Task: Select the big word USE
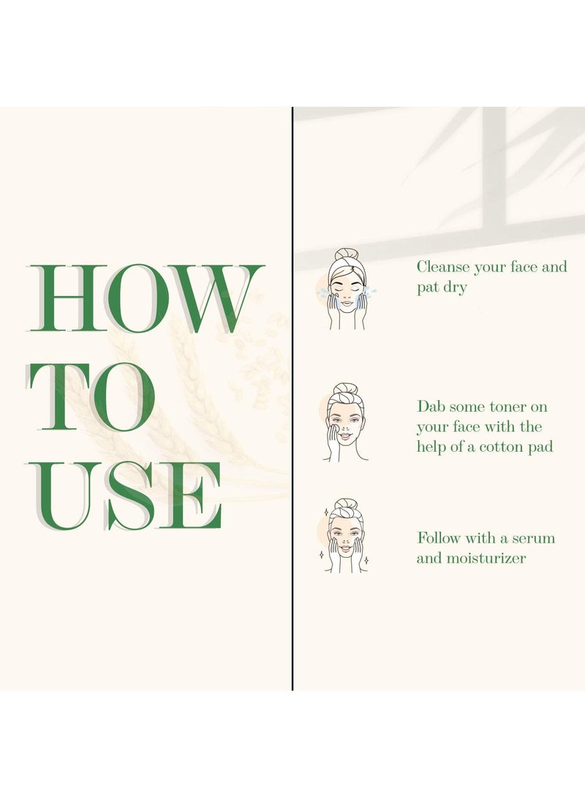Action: pyautogui.click(x=125, y=496)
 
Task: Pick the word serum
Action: pyautogui.click(x=533, y=538)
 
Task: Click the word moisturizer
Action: pyautogui.click(x=486, y=559)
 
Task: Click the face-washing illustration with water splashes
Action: pyautogui.click(x=347, y=289)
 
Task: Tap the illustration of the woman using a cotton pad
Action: pyautogui.click(x=346, y=423)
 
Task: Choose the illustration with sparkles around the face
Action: pyautogui.click(x=344, y=536)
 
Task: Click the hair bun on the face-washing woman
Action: pyautogui.click(x=347, y=254)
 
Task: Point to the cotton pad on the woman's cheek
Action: pyautogui.click(x=333, y=430)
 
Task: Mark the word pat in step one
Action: pyautogui.click(x=428, y=288)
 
